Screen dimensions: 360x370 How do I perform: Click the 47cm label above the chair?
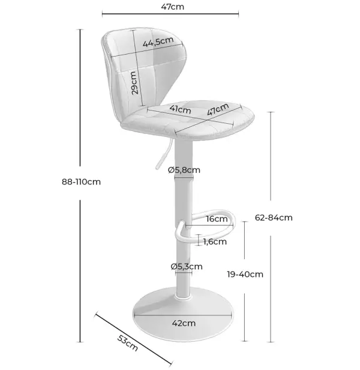click(x=173, y=7)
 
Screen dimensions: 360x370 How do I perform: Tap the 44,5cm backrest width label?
click(x=158, y=41)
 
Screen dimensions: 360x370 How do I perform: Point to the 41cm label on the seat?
click(x=181, y=109)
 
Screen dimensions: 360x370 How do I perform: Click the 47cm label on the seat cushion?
click(x=218, y=109)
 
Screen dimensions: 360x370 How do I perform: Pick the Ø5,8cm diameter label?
click(x=184, y=170)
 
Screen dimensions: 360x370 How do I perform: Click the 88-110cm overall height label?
click(x=82, y=181)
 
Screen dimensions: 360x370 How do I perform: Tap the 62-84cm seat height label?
click(x=274, y=217)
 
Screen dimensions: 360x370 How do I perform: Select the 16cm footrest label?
click(x=217, y=219)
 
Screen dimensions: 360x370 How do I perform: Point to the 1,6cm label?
click(x=215, y=241)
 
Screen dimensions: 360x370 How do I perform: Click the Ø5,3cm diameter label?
click(x=187, y=267)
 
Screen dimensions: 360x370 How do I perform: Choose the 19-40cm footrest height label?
click(x=245, y=274)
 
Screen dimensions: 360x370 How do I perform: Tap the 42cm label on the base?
click(x=184, y=323)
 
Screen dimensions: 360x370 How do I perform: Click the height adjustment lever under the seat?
click(x=163, y=154)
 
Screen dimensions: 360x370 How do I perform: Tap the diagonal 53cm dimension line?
click(x=134, y=339)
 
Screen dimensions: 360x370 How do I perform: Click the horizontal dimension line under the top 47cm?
click(x=170, y=14)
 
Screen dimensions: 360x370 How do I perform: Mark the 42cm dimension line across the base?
click(x=183, y=315)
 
